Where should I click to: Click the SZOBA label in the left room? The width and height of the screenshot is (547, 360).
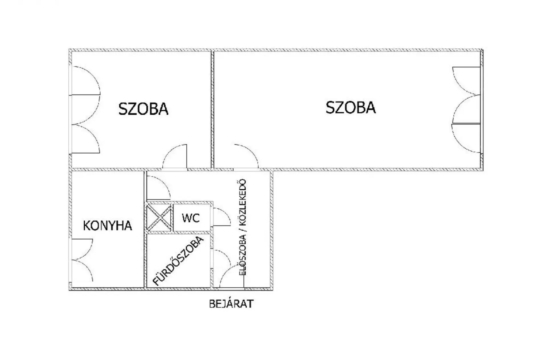coord(143,109)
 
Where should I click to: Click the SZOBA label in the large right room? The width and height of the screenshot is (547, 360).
coord(350,108)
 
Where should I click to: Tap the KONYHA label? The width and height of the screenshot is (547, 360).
coord(107,226)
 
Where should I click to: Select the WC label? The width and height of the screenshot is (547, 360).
coord(191,218)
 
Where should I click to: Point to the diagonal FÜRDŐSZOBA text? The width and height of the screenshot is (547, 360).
coord(179,261)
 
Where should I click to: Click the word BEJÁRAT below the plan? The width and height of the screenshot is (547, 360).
coord(231,304)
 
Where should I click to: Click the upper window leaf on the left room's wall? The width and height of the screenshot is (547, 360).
coord(85,81)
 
